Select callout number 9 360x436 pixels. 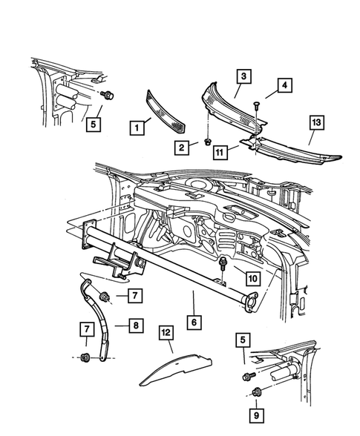257,415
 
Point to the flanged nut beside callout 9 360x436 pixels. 257,393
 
